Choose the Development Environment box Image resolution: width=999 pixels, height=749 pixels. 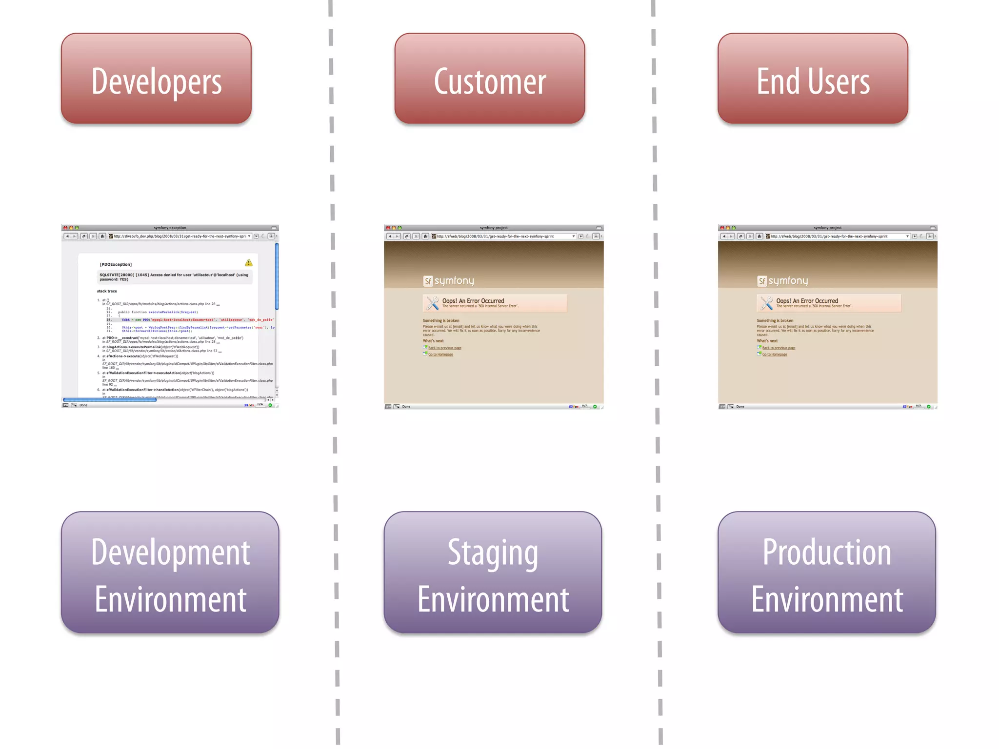170,573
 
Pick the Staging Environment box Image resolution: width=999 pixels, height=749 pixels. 493,573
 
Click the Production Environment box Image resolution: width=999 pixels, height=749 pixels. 826,573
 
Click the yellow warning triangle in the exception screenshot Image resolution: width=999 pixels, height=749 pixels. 249,263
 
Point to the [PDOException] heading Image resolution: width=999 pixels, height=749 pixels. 116,265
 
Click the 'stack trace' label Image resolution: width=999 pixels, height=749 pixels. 107,291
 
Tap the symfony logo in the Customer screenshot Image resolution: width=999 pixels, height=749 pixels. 449,281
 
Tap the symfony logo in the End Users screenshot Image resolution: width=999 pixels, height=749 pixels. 782,281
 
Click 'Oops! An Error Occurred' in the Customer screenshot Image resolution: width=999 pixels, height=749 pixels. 473,301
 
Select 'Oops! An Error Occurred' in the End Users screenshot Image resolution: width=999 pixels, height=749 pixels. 807,301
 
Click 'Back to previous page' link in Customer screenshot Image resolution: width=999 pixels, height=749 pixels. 444,348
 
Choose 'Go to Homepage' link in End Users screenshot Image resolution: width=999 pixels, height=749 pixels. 775,355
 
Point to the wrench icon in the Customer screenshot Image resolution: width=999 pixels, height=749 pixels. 432,303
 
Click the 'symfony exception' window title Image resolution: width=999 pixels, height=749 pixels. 170,228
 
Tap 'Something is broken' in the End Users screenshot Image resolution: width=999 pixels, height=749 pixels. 775,321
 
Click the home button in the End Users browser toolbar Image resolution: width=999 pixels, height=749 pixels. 759,237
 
